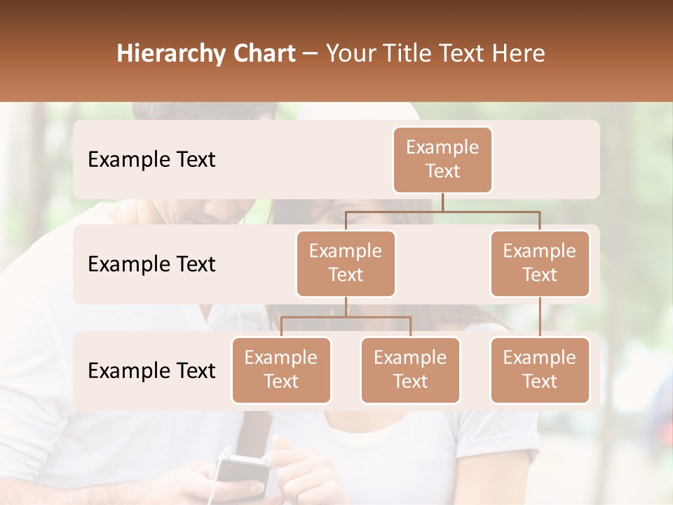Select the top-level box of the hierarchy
(442, 160)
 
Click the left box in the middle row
(346, 264)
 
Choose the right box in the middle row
(540, 264)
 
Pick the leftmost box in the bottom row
(281, 370)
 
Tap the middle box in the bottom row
(410, 370)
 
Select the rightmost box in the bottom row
(540, 370)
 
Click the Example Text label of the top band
(151, 160)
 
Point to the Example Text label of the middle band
(151, 264)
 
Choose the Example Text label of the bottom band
(151, 371)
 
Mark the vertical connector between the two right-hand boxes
(540, 317)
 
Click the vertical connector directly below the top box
(442, 202)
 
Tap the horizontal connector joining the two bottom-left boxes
(346, 317)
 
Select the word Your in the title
(351, 54)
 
